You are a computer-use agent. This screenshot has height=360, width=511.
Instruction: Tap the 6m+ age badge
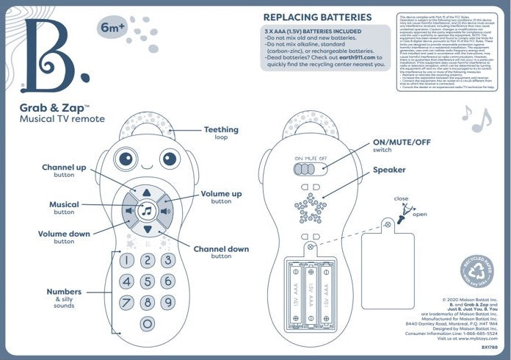pos(109,30)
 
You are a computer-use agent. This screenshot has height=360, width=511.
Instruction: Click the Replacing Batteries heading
pos(317,17)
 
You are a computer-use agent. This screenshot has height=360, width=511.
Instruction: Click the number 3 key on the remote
pos(168,260)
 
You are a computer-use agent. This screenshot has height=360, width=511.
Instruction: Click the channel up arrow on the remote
pos(147,192)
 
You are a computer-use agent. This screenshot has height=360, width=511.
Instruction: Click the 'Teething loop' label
pos(220,133)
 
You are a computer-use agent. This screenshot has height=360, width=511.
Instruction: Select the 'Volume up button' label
pos(221,196)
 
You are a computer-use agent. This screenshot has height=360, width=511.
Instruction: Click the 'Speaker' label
pos(389,170)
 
